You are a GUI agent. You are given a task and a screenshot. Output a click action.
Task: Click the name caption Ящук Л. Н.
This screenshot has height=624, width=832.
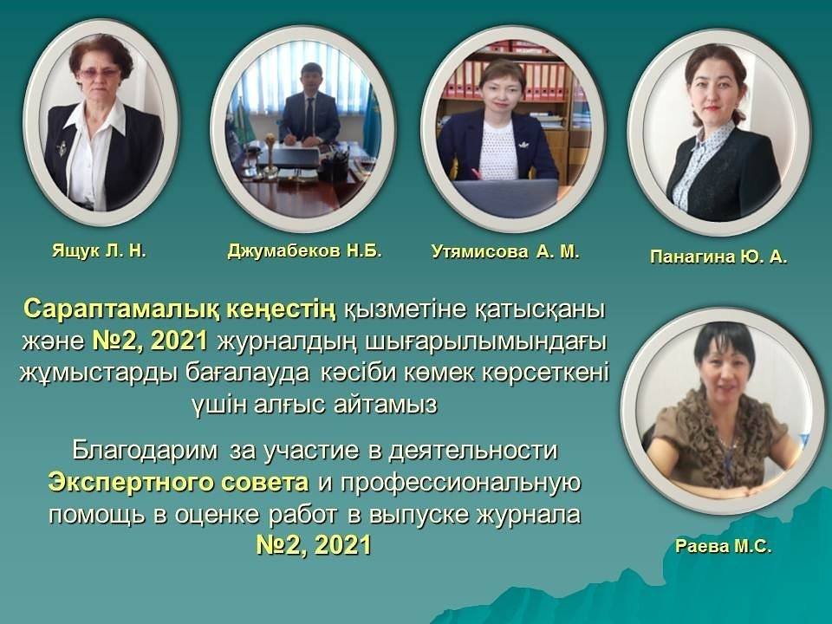[x=99, y=251]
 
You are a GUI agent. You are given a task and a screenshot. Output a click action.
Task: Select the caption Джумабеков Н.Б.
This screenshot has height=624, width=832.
[x=304, y=250]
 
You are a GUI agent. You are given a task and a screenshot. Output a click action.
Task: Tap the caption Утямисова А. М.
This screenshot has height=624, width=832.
[x=505, y=251]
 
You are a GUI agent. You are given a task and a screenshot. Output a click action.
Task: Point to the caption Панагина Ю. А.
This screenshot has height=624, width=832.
[x=718, y=257]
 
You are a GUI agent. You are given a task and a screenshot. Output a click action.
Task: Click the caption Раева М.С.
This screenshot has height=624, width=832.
[x=723, y=547]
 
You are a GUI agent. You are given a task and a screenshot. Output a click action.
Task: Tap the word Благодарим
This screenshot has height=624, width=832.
[x=145, y=451]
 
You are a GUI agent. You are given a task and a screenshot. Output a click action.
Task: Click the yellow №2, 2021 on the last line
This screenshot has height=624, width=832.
[x=314, y=545]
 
